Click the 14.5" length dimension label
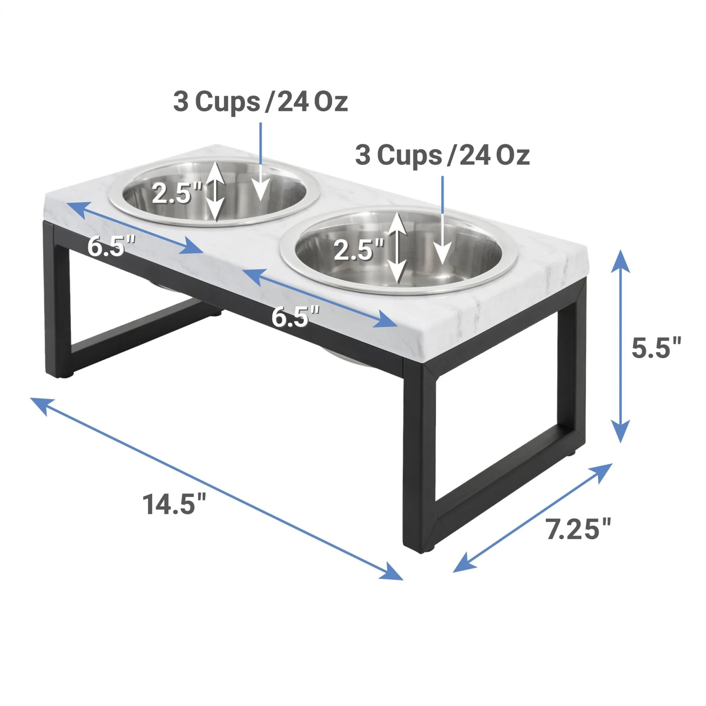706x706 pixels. (x=174, y=504)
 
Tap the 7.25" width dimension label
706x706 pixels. (x=578, y=529)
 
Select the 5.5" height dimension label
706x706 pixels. (x=656, y=348)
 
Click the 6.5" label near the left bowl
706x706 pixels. (x=111, y=246)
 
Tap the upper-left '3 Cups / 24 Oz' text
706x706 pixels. (x=260, y=102)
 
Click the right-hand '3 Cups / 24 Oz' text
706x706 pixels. (x=442, y=155)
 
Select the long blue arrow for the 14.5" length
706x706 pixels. (x=217, y=489)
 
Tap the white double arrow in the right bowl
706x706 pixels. (x=398, y=247)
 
